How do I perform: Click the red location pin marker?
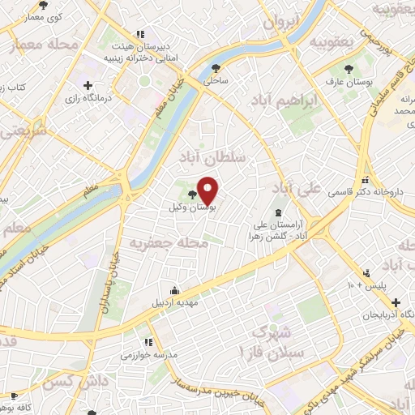coord(207,190)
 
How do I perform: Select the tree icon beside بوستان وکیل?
coord(192,195)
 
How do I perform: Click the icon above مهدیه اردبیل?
coord(175,290)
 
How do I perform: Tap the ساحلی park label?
coord(216,82)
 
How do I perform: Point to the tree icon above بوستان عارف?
coord(349,69)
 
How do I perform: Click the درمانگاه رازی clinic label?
coord(88,98)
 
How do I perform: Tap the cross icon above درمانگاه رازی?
coord(88,85)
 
